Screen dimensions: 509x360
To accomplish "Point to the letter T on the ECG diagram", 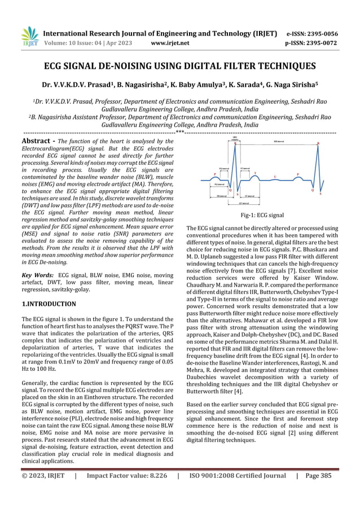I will (255, 173).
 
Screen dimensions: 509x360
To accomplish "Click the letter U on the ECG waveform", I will (275, 176).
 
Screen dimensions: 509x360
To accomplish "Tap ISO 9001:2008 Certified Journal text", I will (238, 492).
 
